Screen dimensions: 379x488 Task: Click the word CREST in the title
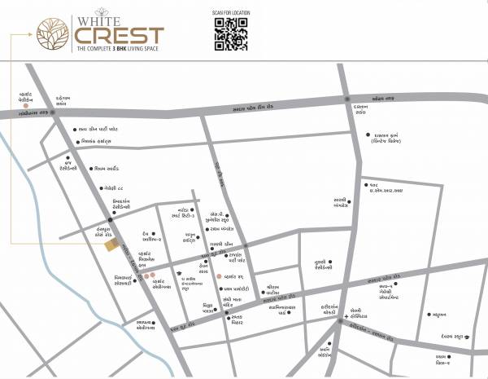pos(120,36)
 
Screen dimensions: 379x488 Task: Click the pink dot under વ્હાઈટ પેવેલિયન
pos(27,106)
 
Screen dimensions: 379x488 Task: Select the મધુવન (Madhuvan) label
pos(437,313)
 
